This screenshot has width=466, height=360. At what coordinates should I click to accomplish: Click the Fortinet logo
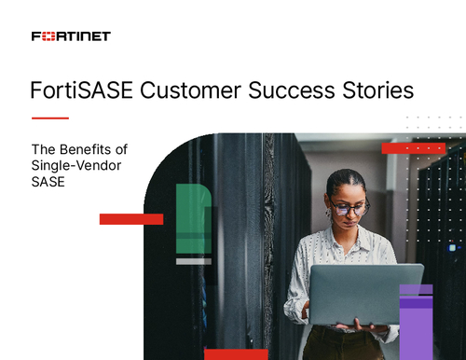click(71, 36)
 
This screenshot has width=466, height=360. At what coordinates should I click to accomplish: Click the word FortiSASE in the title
click(77, 92)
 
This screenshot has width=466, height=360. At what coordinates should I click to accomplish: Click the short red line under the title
click(50, 118)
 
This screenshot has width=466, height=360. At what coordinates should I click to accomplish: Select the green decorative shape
click(193, 218)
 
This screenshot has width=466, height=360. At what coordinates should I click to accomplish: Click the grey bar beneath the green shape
click(193, 261)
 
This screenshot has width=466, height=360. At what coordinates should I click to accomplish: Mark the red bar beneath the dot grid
click(413, 147)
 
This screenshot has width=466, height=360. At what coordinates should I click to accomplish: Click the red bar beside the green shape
click(131, 219)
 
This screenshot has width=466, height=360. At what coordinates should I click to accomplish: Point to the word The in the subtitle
click(45, 149)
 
